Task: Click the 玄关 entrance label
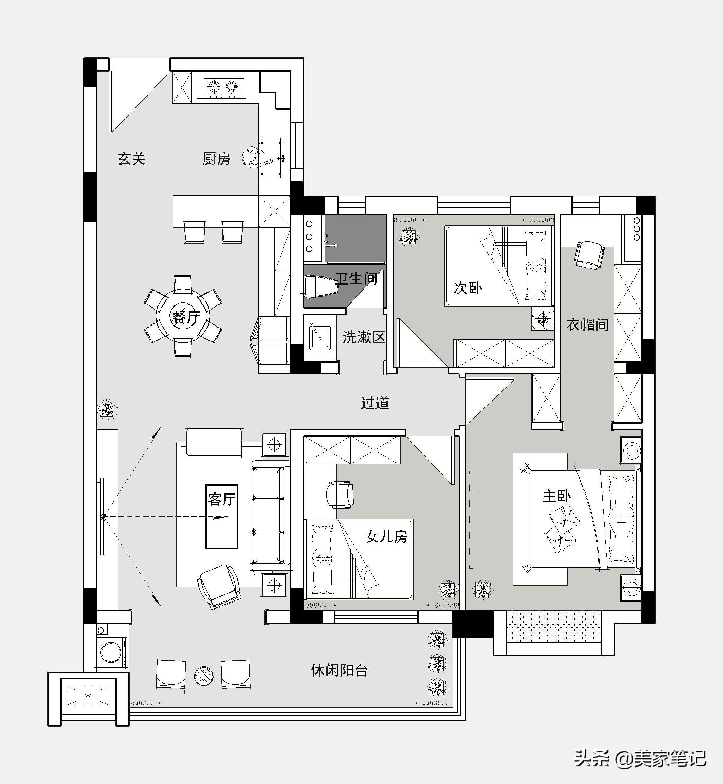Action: [131, 159]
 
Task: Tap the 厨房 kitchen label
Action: [216, 159]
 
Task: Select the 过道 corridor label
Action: [375, 403]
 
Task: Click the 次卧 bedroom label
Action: [468, 288]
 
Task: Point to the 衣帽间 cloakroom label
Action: [588, 324]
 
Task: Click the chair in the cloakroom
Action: [588, 255]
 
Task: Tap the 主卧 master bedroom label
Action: [556, 496]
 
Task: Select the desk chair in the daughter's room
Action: [340, 495]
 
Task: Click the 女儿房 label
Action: [386, 536]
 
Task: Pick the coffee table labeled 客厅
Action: [222, 516]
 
